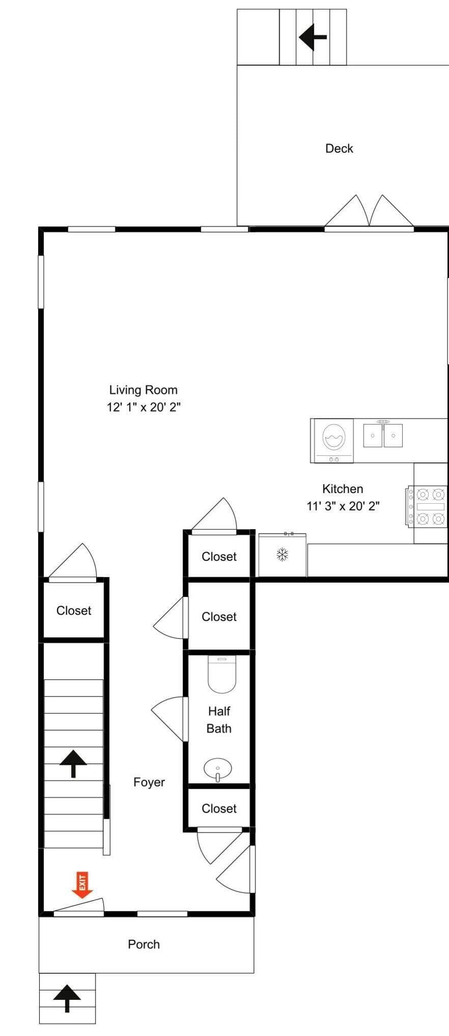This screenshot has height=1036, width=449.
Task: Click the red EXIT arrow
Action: (x=82, y=885)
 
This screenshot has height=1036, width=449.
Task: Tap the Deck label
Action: (x=339, y=149)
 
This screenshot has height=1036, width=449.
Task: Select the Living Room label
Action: (x=143, y=390)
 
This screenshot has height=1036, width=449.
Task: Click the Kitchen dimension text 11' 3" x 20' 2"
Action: (x=343, y=506)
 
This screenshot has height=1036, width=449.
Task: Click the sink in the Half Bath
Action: (x=218, y=769)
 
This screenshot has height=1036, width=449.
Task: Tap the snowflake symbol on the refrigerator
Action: (x=282, y=554)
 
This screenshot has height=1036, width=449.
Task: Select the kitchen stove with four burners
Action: (x=427, y=506)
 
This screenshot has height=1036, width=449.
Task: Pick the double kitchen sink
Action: (x=383, y=435)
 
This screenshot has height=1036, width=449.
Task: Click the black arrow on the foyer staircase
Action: (x=73, y=763)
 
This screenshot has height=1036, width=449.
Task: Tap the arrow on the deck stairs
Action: (x=312, y=37)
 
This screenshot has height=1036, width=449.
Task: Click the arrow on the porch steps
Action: (x=67, y=998)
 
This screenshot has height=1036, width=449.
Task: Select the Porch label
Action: (x=144, y=944)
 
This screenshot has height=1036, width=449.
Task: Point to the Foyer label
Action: (x=149, y=782)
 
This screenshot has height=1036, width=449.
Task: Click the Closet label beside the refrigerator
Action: (x=219, y=557)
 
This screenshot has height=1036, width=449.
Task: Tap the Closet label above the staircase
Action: (x=74, y=611)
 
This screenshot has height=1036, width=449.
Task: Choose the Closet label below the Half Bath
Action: (x=219, y=809)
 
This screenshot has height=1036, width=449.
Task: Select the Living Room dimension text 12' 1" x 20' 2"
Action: (x=144, y=407)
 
